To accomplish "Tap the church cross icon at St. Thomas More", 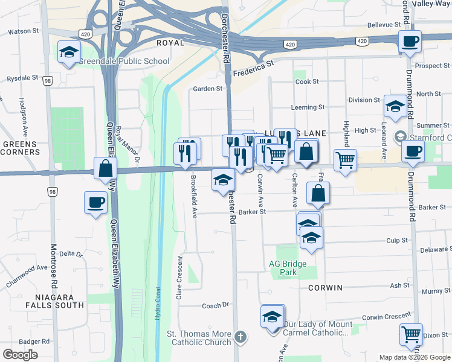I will [x=241, y=337].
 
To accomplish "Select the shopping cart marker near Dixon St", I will [x=411, y=334].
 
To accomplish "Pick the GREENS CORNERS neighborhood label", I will [x=19, y=148].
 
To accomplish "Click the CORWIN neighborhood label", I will [x=325, y=288].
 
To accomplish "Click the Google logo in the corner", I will [x=20, y=355].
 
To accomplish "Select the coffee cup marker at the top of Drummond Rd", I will [x=410, y=42].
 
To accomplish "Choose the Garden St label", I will [x=207, y=89].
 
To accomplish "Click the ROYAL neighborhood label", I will [x=170, y=43].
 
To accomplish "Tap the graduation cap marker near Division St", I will [x=396, y=107].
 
